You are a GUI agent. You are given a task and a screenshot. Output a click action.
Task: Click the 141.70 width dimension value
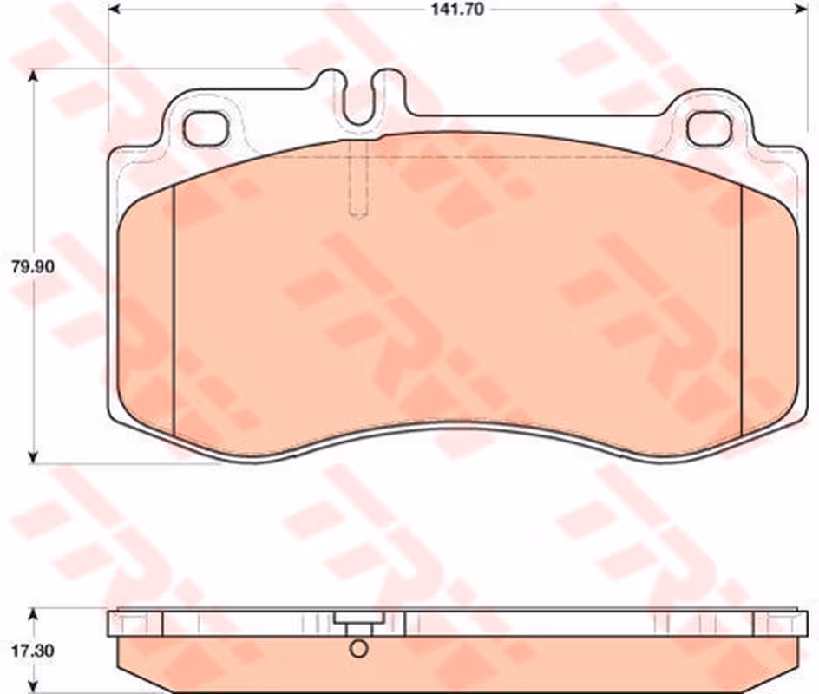[457, 9]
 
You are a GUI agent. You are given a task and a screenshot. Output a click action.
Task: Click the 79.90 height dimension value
[33, 267]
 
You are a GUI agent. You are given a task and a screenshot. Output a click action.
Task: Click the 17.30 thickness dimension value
[33, 651]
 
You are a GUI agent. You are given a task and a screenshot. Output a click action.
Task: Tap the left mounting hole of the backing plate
[206, 128]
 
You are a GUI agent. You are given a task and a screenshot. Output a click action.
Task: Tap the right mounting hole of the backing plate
[709, 129]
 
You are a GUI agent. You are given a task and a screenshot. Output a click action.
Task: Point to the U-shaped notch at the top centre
[359, 99]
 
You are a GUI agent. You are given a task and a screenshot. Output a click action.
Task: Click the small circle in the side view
[359, 649]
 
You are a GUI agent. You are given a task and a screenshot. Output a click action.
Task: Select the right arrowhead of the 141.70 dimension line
[802, 9]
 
